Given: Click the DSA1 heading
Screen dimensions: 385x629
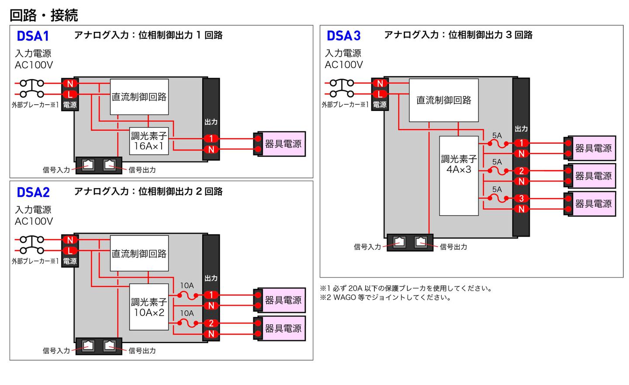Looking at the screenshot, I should (33, 36).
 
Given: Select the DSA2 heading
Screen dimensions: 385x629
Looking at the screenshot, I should (33, 192).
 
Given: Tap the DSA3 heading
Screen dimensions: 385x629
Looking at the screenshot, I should (343, 36).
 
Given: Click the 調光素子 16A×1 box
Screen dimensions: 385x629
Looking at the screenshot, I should (149, 141).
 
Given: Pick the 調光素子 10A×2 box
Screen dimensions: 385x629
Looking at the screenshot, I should (149, 307).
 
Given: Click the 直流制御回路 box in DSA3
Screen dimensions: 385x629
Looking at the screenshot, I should (443, 100).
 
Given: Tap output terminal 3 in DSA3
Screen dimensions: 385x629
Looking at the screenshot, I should (521, 199).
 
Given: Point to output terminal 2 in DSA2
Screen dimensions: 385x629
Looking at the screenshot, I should (211, 323).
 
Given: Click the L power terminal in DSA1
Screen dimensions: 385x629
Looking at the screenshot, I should (70, 94).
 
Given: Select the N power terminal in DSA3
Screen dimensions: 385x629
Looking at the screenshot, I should (380, 83).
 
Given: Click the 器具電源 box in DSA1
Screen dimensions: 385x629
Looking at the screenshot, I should (283, 144).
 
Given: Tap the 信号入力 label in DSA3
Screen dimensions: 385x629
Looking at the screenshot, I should (367, 247).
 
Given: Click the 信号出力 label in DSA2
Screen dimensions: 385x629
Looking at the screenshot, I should (142, 351).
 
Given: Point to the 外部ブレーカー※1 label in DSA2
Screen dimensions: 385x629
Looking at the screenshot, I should (35, 261).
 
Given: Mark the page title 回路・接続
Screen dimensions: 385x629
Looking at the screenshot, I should (44, 15).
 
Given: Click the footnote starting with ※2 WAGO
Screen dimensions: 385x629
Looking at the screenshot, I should (386, 298).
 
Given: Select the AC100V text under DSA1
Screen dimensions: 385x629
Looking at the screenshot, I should (34, 65).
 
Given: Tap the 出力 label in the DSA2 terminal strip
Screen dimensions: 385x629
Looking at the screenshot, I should (211, 278).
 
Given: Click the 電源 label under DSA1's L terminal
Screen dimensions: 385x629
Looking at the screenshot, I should (70, 105).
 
